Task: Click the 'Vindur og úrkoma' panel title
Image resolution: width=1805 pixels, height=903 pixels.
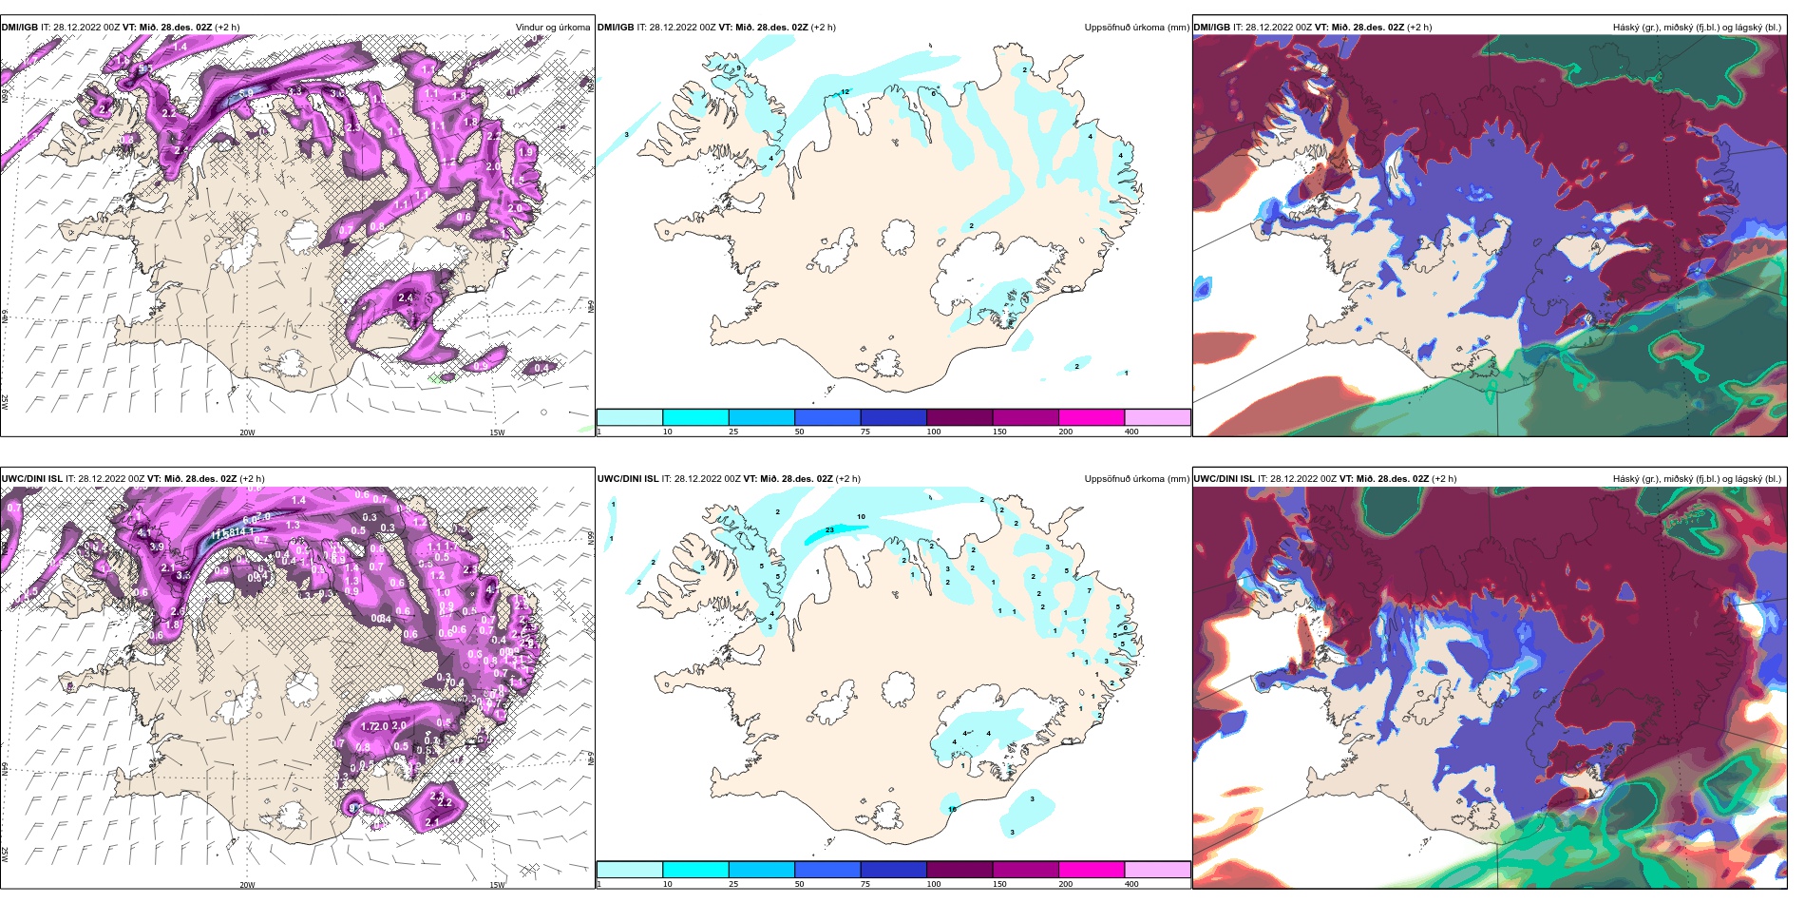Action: point(552,28)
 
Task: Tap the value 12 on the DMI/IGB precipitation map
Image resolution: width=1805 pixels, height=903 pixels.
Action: point(845,91)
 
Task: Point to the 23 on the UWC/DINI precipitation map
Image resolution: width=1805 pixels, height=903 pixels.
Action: point(829,529)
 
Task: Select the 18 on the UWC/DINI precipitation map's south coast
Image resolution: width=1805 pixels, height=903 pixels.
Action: point(952,809)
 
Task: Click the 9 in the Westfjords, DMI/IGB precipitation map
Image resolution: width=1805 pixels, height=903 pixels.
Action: point(738,68)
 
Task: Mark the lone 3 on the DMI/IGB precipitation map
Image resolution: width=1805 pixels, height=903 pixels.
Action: point(627,135)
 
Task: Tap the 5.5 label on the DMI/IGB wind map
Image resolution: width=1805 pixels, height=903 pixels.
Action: point(245,93)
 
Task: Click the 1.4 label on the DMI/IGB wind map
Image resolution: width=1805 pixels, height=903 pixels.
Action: point(180,46)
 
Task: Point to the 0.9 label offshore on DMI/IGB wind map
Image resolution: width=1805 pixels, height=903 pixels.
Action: point(481,365)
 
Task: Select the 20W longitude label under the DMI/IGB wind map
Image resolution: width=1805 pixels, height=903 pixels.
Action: point(247,432)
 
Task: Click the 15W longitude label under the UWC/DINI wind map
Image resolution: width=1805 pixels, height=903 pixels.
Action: point(496,885)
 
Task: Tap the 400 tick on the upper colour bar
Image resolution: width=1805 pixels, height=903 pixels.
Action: point(1131,432)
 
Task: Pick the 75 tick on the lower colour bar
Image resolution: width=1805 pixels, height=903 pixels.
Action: point(865,884)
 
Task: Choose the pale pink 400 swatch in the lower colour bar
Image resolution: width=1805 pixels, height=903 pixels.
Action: point(1156,870)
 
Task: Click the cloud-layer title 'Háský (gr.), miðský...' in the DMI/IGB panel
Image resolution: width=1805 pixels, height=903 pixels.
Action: point(1696,28)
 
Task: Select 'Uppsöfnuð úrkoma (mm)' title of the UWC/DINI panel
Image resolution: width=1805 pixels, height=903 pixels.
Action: point(1135,479)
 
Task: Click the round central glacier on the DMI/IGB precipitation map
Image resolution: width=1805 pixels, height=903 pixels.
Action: point(898,237)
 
